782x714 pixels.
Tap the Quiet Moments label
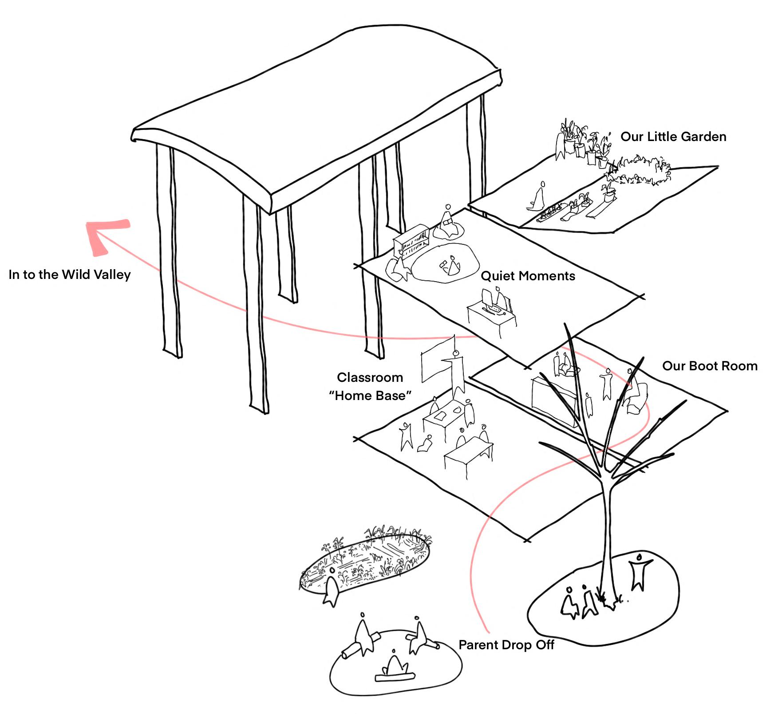click(x=528, y=276)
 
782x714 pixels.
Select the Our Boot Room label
click(x=710, y=366)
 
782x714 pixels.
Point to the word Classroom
click(x=370, y=377)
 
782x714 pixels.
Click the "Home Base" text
click(x=370, y=396)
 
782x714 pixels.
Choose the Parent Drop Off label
click(x=506, y=645)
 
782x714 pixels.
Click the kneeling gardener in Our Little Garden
click(x=538, y=198)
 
